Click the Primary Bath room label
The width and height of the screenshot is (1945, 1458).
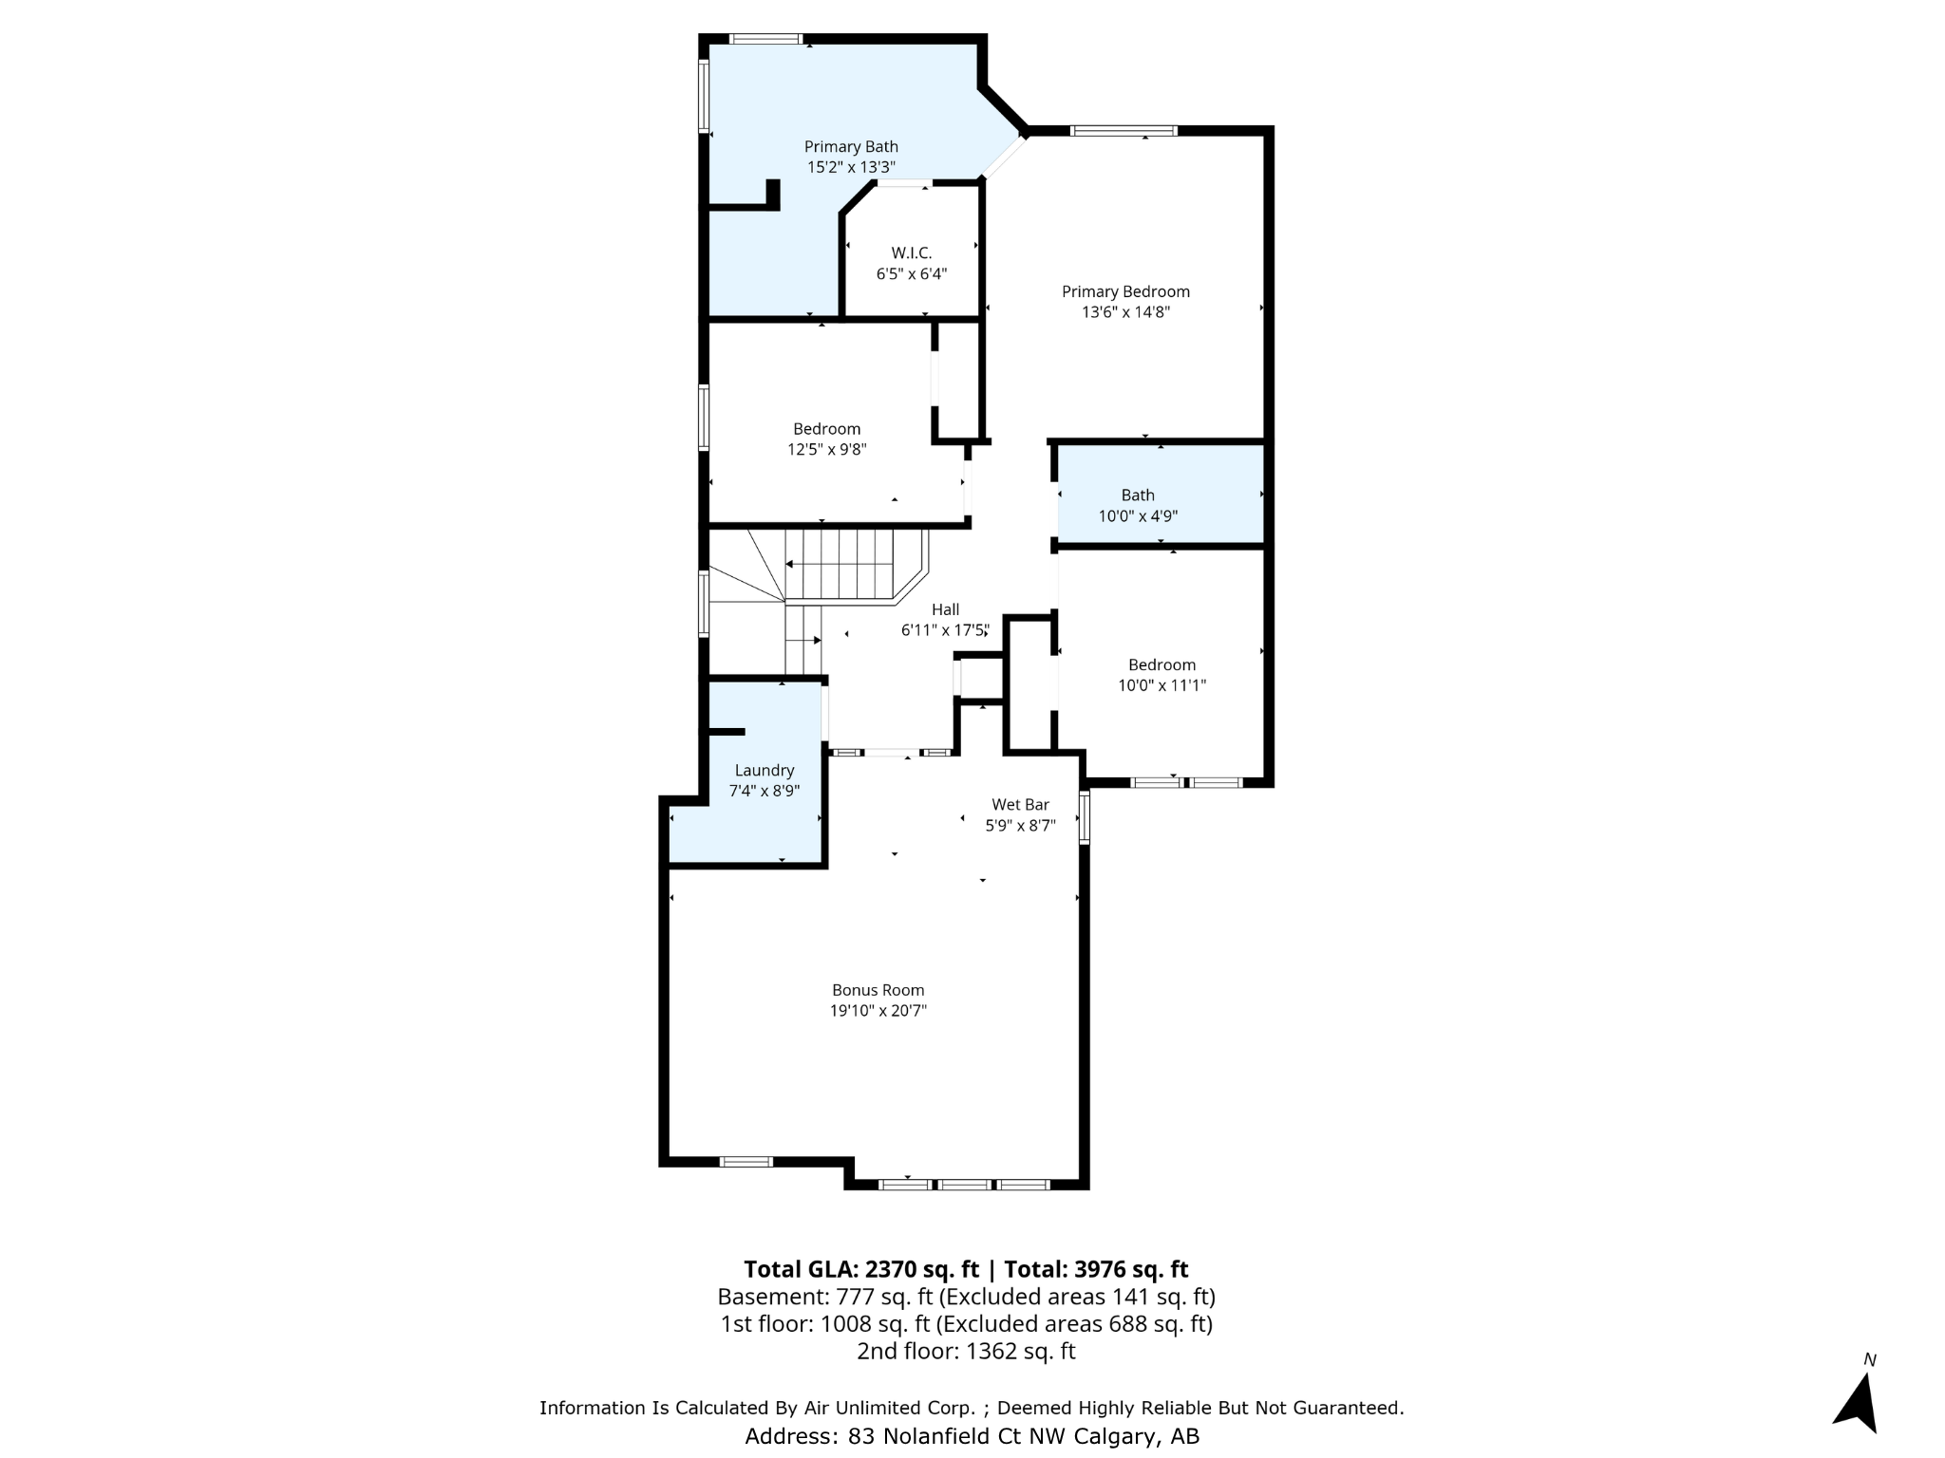click(851, 146)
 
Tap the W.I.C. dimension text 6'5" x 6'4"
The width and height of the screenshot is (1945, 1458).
click(911, 274)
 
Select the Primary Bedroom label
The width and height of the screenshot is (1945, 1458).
click(1125, 291)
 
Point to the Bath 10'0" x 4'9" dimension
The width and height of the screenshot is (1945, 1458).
click(1138, 516)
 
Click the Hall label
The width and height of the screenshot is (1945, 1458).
click(945, 609)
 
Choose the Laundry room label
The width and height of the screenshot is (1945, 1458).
click(764, 770)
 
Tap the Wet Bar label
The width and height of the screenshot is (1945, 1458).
click(1020, 804)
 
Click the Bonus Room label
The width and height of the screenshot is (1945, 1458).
click(878, 990)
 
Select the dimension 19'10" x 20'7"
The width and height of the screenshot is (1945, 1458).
click(878, 1011)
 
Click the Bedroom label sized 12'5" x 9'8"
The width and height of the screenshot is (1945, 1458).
click(826, 429)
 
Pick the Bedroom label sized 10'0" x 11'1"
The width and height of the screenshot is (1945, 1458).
click(1161, 664)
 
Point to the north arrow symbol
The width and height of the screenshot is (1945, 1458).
click(1858, 1401)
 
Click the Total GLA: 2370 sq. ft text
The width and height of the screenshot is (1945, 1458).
click(860, 1269)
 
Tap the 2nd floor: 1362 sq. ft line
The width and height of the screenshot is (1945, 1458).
click(966, 1351)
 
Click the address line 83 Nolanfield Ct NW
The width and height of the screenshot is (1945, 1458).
click(972, 1436)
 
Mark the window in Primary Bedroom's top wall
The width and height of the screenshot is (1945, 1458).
click(1124, 131)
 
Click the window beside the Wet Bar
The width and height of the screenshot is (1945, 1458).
click(1085, 817)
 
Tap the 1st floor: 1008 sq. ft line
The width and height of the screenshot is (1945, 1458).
click(966, 1323)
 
